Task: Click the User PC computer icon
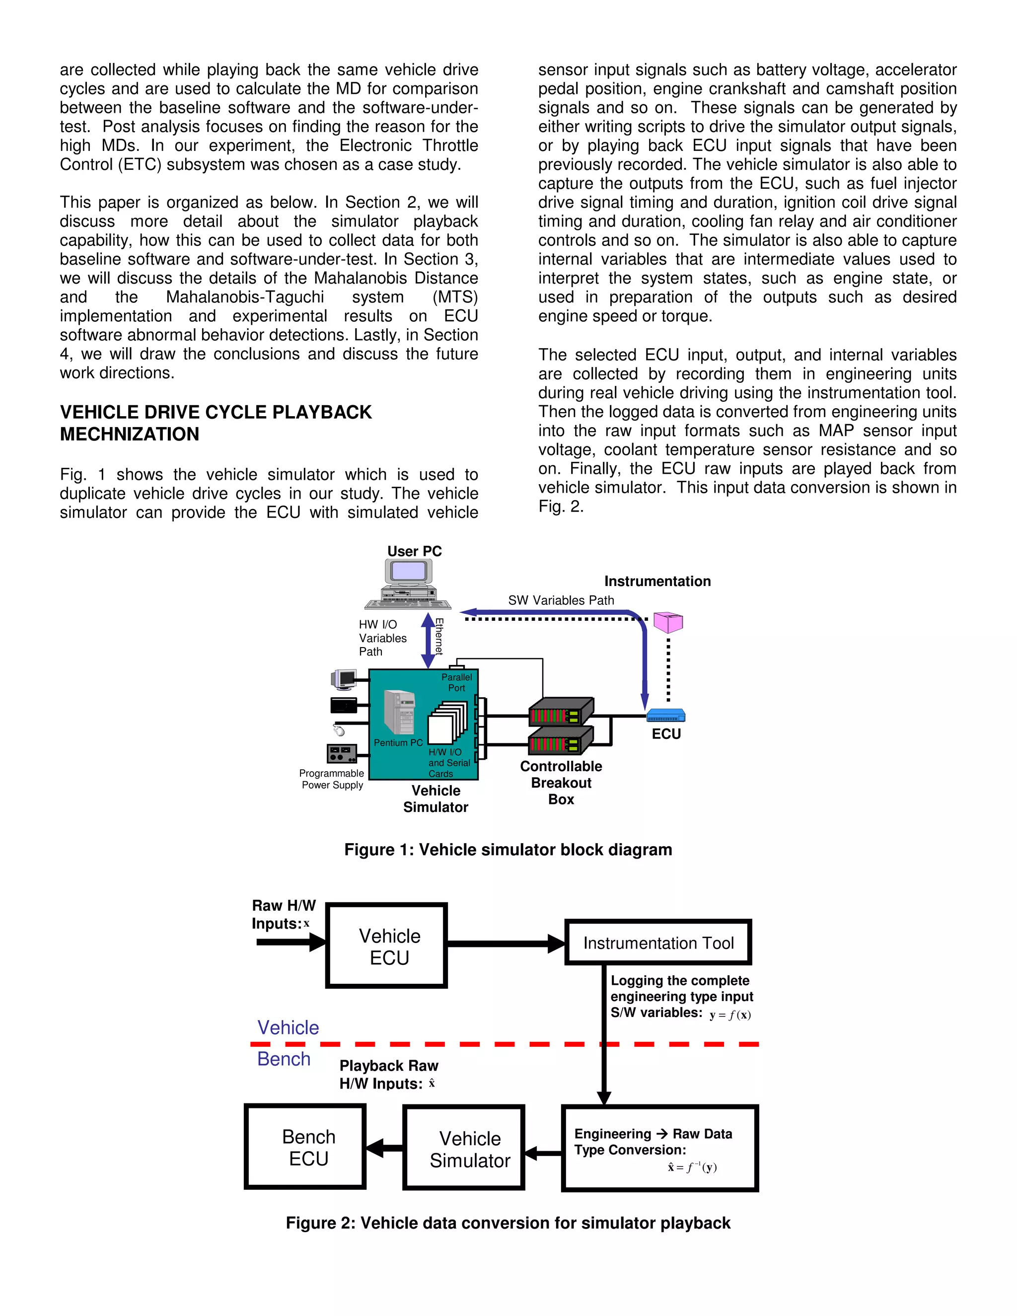[x=408, y=584]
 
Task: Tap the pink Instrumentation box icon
[x=668, y=622]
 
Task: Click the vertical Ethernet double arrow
[x=428, y=640]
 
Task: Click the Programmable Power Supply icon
[x=342, y=753]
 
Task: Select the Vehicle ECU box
[x=386, y=946]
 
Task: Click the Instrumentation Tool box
[x=658, y=943]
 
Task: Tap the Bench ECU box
[x=305, y=1147]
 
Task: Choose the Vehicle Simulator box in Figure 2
[x=464, y=1148]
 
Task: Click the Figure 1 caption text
[x=508, y=850]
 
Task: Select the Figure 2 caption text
[x=508, y=1223]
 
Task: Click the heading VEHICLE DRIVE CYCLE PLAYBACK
[x=216, y=412]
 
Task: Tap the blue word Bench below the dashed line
[x=284, y=1059]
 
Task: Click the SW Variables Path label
[x=561, y=600]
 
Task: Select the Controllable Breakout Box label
[x=561, y=782]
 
